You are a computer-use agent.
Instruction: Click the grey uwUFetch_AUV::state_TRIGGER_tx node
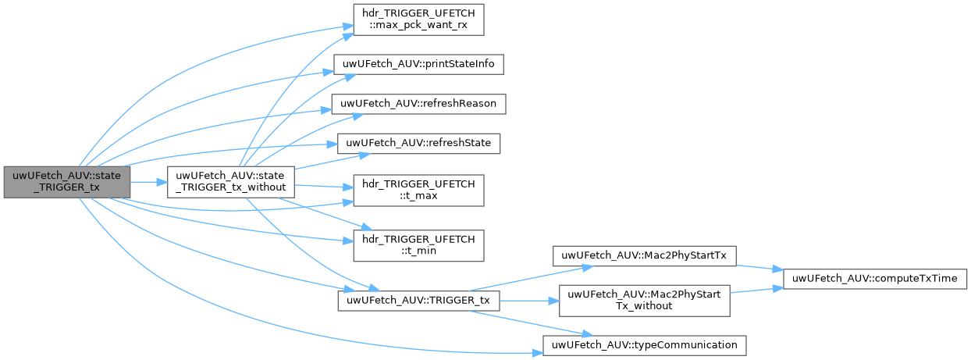66,182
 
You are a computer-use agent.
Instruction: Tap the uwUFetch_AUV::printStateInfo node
418,63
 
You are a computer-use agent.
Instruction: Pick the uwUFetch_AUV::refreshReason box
419,103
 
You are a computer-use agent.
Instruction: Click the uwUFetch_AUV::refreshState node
418,143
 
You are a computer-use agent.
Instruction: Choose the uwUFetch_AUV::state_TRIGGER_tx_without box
233,182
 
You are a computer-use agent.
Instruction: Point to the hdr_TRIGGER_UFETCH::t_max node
419,191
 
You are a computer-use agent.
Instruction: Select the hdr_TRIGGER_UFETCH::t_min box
419,245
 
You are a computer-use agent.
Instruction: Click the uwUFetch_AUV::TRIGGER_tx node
418,301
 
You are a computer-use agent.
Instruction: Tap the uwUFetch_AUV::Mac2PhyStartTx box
644,255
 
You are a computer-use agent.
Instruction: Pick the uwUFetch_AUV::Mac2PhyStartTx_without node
644,301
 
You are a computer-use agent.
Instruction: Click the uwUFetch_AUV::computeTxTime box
876,278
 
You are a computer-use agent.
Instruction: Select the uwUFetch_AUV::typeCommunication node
644,344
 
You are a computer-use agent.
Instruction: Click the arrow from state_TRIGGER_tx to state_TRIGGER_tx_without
149,182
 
